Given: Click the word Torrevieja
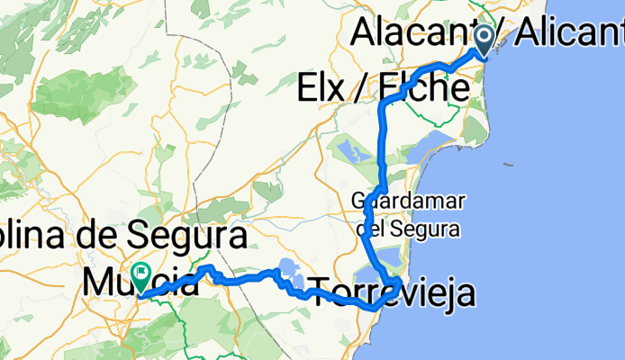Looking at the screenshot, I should [x=392, y=290].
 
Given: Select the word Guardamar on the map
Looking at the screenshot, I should [x=395, y=199].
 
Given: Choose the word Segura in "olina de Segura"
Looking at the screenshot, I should [x=188, y=237].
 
